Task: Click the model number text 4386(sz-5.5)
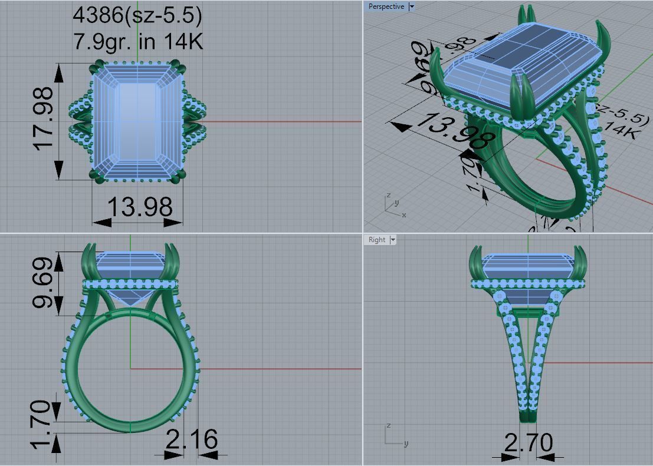pos(137,15)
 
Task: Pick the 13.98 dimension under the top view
pos(140,207)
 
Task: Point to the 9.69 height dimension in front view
pos(45,283)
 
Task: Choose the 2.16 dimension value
pos(191,439)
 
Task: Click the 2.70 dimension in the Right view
pos(529,442)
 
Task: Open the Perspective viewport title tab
pos(386,6)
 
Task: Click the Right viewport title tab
pos(376,240)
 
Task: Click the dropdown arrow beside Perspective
pos(412,6)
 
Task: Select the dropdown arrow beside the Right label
pos(393,240)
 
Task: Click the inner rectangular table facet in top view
pos(137,121)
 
